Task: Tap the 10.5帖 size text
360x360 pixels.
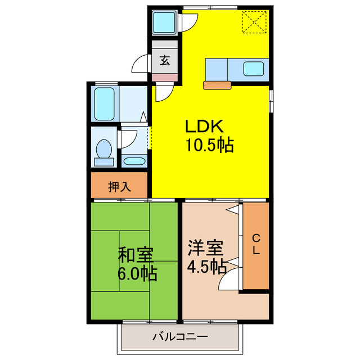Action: (209, 145)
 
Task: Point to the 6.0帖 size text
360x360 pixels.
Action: (137, 274)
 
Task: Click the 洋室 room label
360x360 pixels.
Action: (205, 247)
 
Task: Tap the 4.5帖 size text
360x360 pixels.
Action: (206, 265)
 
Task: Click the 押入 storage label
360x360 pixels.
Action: (119, 187)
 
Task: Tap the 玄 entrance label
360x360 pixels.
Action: (165, 60)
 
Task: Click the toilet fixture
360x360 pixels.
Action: (103, 151)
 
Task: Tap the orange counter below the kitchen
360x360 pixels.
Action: (217, 85)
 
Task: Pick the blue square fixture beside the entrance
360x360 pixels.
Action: (165, 23)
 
